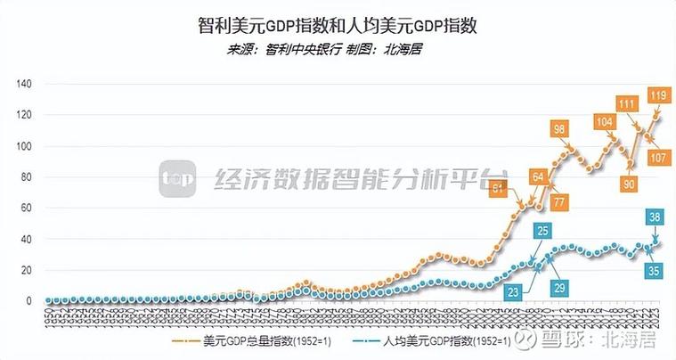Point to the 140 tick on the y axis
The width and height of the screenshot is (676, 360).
[x=23, y=84]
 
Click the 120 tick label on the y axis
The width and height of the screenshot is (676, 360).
[x=23, y=115]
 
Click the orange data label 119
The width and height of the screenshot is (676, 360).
[x=659, y=95]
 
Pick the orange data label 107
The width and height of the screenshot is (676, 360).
[x=659, y=158]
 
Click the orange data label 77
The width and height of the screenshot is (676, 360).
[x=559, y=201]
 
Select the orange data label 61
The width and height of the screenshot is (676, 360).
[x=499, y=188]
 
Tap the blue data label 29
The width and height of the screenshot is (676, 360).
[x=559, y=289]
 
